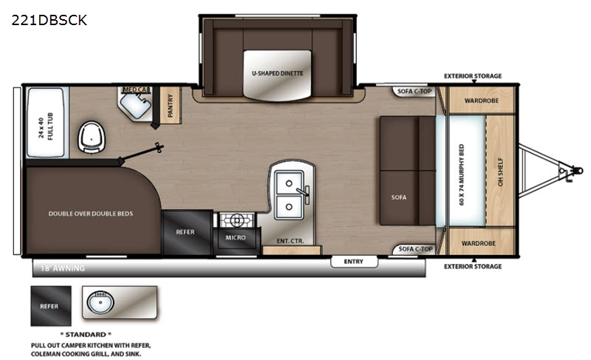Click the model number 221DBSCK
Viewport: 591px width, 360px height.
click(x=49, y=20)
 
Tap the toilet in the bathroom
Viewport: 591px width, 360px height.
click(x=91, y=137)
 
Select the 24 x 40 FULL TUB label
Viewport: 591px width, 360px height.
click(x=46, y=126)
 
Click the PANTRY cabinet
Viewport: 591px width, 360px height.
click(x=170, y=105)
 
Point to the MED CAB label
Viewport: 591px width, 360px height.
click(x=137, y=89)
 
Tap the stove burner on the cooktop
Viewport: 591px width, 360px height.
click(x=237, y=220)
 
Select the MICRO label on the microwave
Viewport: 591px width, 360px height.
click(x=236, y=237)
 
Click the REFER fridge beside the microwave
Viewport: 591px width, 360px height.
click(x=187, y=232)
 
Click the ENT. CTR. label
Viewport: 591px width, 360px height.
click(x=290, y=241)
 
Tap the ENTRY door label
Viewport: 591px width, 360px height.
click(x=354, y=261)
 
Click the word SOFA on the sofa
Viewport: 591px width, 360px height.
click(x=399, y=197)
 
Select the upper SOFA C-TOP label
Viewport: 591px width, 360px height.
click(x=414, y=91)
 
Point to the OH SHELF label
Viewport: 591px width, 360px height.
click(x=501, y=171)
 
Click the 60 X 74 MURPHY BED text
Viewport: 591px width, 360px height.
click(x=462, y=174)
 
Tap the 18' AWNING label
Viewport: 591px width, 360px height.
click(x=63, y=268)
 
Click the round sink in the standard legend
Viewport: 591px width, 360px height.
click(x=100, y=302)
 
